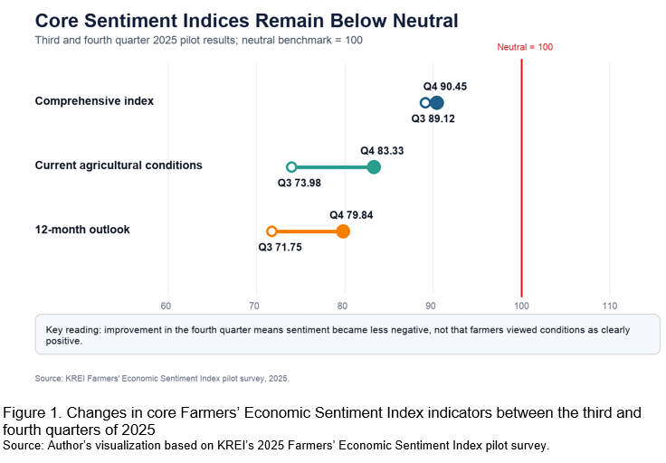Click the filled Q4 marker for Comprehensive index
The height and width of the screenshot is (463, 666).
pyautogui.click(x=437, y=103)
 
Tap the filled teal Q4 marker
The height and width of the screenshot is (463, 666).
pyautogui.click(x=374, y=167)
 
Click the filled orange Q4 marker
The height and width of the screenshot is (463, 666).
pyautogui.click(x=343, y=231)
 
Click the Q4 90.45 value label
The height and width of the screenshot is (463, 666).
pyautogui.click(x=444, y=87)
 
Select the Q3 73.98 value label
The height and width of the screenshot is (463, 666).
pyautogui.click(x=299, y=183)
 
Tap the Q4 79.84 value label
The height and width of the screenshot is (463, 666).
pyautogui.click(x=351, y=215)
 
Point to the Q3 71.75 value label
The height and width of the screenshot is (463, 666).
pyautogui.click(x=280, y=247)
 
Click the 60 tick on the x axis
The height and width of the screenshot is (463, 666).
pyautogui.click(x=166, y=306)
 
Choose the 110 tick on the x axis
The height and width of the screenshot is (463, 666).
pyautogui.click(x=610, y=306)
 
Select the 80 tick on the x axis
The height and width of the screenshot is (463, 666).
pyautogui.click(x=342, y=306)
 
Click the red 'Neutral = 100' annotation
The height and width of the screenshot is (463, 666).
pyautogui.click(x=525, y=47)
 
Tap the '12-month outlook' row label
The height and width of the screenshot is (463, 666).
pyautogui.click(x=82, y=230)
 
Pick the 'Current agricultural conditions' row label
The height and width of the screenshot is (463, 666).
pyautogui.click(x=119, y=165)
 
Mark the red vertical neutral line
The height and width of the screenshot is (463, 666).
pyautogui.click(x=521, y=178)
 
